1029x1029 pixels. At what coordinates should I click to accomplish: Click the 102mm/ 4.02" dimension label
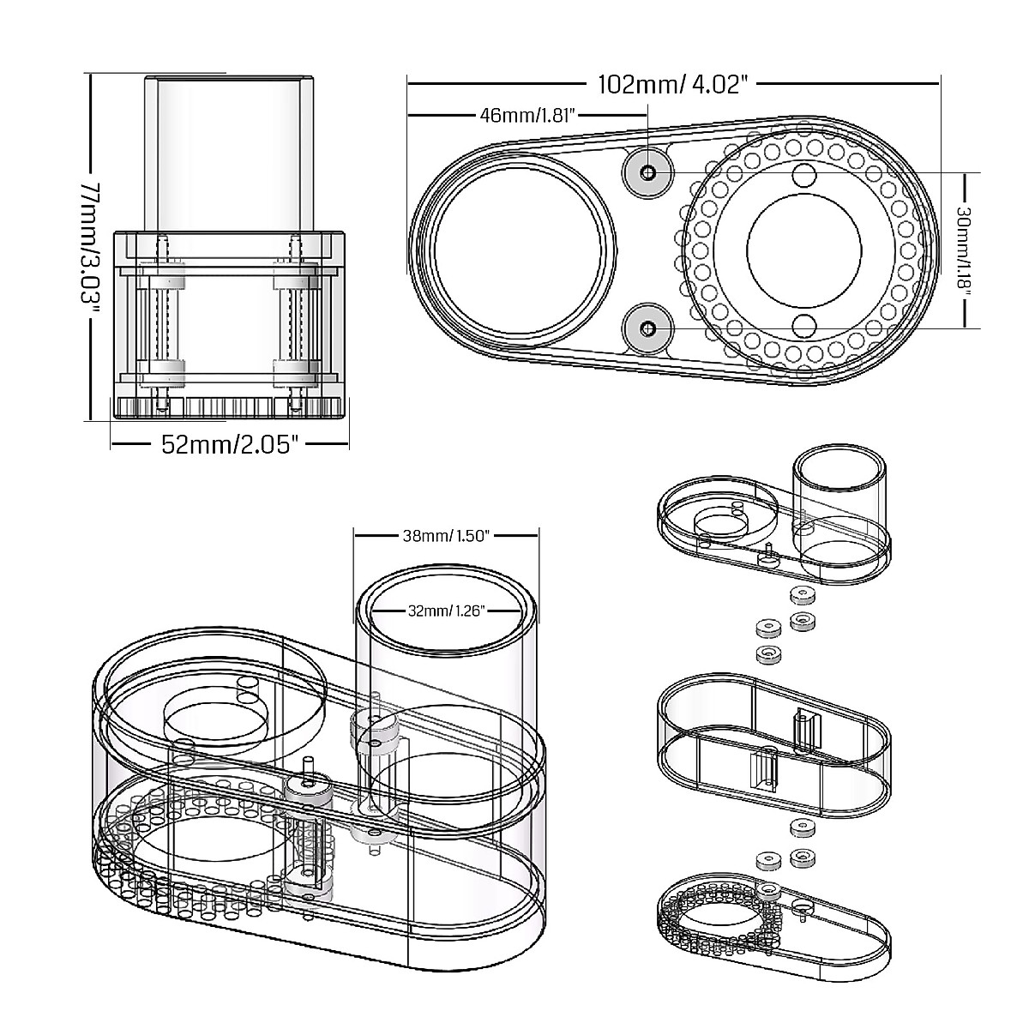[673, 84]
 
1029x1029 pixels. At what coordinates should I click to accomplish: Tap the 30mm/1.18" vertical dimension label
[963, 250]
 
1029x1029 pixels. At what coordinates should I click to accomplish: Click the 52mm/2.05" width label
[230, 444]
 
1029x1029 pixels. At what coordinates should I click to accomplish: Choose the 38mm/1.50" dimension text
[445, 536]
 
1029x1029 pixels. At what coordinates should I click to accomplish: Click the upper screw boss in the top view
[648, 172]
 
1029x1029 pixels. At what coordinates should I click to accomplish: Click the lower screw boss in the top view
[648, 328]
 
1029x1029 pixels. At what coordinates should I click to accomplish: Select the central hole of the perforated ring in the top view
[804, 250]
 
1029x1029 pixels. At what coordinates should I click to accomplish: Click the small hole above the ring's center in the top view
[803, 176]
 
